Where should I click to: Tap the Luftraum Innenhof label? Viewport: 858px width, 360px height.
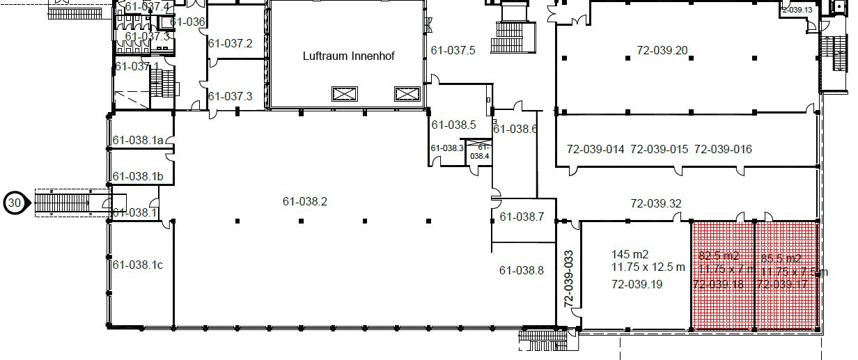pos(348,56)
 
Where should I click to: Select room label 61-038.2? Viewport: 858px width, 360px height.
pos(304,202)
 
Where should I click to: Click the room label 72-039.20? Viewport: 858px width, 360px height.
pos(662,50)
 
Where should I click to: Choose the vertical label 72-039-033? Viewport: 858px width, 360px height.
pos(568,279)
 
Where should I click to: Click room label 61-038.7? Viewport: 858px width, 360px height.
pos(522,217)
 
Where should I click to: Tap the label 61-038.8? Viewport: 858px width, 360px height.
pos(522,270)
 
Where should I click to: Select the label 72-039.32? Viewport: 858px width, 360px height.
pos(655,204)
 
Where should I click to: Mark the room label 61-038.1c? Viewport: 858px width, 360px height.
pos(138,265)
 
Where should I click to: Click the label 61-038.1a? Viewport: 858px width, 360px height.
pos(138,140)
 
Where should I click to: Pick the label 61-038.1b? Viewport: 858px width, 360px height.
pos(138,177)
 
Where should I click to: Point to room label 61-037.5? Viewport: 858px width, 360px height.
pos(453,50)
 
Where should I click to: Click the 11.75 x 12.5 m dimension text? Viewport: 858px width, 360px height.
pos(648,267)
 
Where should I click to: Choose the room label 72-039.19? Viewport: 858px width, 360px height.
pos(637,284)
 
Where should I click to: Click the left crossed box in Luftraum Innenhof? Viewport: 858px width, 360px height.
pos(344,93)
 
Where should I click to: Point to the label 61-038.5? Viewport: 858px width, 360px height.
pos(453,125)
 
